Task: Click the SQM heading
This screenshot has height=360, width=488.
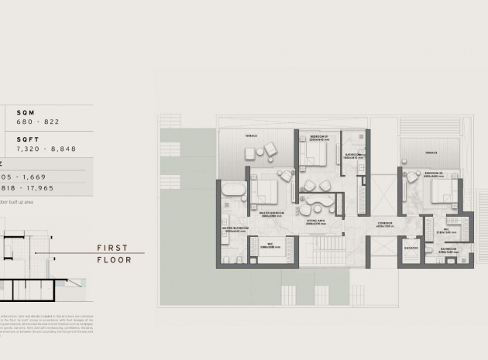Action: point(25,113)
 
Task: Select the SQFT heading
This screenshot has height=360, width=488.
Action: point(28,139)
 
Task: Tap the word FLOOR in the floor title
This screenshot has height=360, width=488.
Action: point(114,260)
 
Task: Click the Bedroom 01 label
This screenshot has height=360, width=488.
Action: point(319,135)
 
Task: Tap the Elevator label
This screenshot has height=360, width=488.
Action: point(411,249)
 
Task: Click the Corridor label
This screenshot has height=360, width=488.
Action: point(385,223)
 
